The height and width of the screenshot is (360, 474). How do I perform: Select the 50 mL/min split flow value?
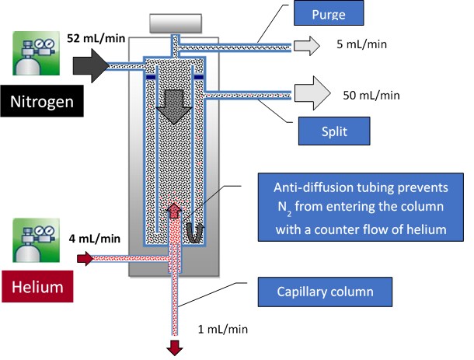click(x=371, y=96)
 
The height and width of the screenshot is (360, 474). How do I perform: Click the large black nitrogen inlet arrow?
click(x=91, y=67)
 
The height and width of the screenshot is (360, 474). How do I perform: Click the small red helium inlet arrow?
click(x=84, y=258)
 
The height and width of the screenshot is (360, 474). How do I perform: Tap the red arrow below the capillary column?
click(x=175, y=347)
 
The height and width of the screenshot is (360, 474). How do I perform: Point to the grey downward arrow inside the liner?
click(x=176, y=104)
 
